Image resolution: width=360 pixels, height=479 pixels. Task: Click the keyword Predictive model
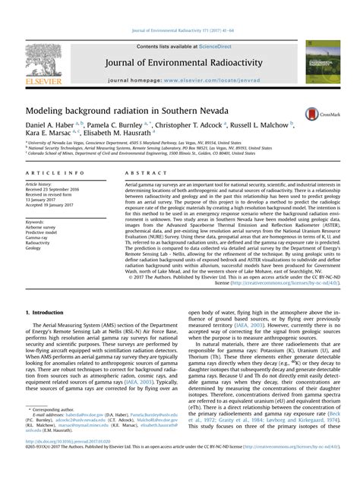(x=43, y=232)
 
